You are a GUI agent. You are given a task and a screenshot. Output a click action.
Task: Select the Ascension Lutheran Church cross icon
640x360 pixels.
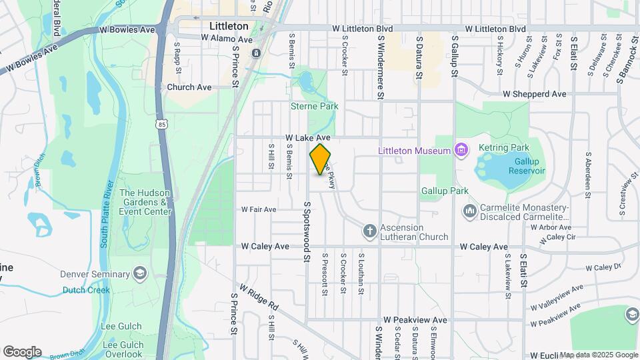(370, 231)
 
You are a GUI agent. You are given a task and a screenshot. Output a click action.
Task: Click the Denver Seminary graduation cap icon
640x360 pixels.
(140, 274)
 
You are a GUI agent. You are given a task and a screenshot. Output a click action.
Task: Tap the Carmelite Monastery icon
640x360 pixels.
(469, 211)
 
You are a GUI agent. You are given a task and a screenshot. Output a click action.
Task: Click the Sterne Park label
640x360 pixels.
(315, 106)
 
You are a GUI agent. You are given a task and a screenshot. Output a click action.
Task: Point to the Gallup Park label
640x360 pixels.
(445, 191)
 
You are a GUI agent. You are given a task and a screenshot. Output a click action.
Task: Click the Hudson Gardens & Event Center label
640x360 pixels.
(145, 203)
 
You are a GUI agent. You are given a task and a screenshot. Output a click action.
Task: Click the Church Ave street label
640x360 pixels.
(189, 87)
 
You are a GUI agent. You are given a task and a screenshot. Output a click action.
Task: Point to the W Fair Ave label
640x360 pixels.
(259, 209)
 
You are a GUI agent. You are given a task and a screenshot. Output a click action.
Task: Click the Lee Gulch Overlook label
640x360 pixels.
(123, 353)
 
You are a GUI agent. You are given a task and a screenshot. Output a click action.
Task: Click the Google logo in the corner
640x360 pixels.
(22, 351)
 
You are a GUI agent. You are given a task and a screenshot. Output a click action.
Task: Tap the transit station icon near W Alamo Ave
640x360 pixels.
(257, 52)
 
